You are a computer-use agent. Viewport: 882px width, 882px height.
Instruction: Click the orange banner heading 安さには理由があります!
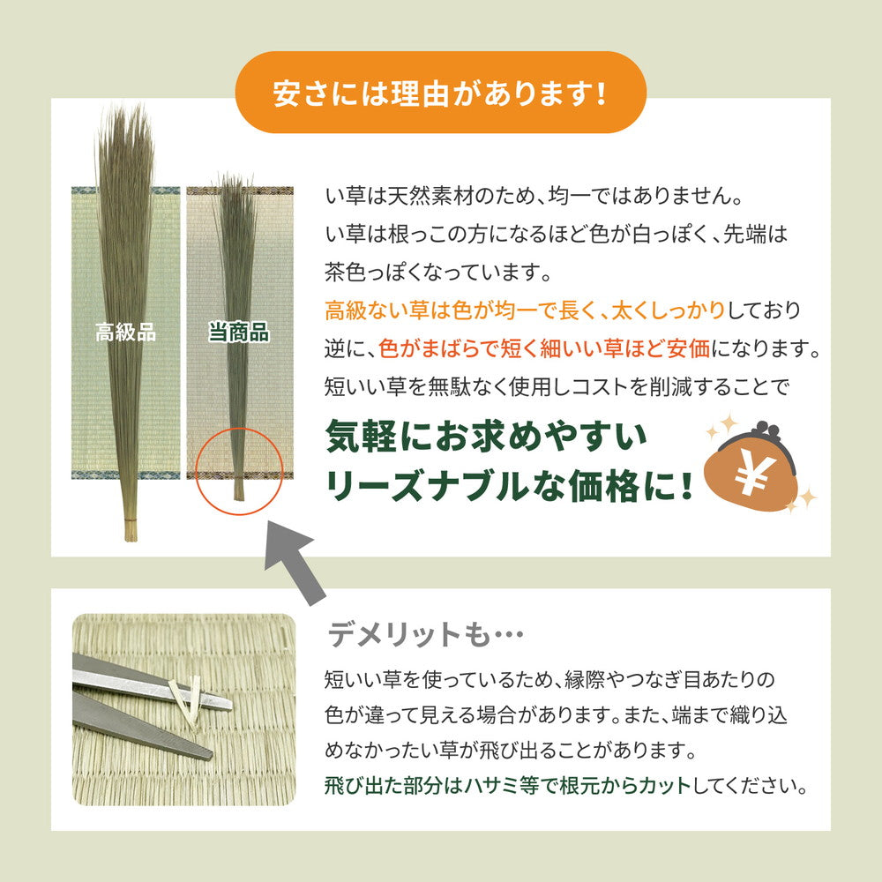click(440, 93)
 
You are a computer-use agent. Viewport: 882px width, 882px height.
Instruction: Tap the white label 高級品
click(125, 333)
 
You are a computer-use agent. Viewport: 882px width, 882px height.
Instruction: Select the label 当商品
click(238, 333)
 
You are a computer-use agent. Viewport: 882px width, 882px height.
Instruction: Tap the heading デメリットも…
click(426, 634)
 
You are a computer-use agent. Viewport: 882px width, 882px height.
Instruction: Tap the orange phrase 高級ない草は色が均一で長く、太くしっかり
click(525, 310)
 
